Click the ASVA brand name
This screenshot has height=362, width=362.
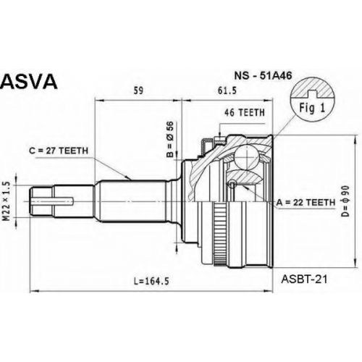click(x=29, y=81)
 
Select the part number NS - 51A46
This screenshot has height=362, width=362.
click(x=263, y=76)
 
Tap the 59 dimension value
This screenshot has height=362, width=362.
click(x=138, y=90)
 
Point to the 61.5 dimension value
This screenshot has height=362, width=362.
click(x=227, y=90)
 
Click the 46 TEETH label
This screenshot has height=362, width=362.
click(x=245, y=112)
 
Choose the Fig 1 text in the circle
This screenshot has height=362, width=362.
click(x=312, y=108)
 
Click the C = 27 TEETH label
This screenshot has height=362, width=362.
click(x=59, y=151)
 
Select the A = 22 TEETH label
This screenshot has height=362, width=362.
click(x=306, y=202)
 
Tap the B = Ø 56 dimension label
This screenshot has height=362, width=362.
click(x=170, y=139)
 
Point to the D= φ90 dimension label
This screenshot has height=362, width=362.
click(x=346, y=201)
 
